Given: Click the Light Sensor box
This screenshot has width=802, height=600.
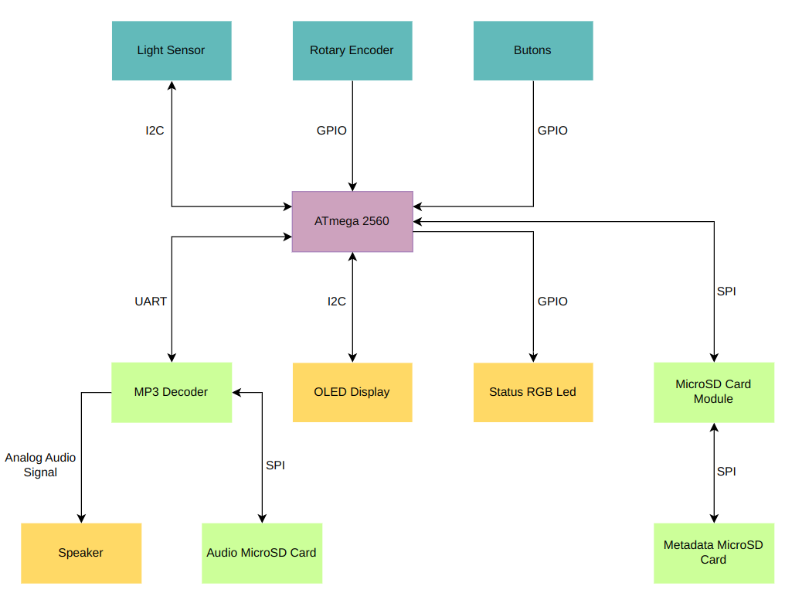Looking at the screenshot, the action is click(x=172, y=51).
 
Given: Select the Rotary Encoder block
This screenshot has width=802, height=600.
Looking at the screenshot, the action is click(x=352, y=51).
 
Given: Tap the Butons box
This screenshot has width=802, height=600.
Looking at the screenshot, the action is click(x=533, y=51).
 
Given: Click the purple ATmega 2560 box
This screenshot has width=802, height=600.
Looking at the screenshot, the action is click(x=352, y=222).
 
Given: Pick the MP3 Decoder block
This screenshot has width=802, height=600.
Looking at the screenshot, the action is click(x=172, y=393).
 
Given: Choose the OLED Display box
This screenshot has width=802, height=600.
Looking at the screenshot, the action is click(x=352, y=393).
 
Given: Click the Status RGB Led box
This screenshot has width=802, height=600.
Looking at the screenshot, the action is click(x=533, y=393).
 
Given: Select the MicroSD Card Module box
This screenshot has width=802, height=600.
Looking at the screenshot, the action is click(x=714, y=393).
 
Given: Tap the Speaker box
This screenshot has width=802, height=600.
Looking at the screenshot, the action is click(x=81, y=554).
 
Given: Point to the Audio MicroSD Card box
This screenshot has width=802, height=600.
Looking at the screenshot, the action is click(x=262, y=554).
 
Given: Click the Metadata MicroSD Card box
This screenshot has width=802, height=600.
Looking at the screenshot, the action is click(x=714, y=554).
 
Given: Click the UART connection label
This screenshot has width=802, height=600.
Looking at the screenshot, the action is click(x=151, y=302).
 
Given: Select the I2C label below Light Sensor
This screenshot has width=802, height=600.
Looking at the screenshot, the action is click(x=155, y=131).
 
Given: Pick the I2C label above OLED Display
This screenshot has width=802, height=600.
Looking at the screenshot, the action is click(x=337, y=302).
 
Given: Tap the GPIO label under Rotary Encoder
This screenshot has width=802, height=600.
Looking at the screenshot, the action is click(x=331, y=131).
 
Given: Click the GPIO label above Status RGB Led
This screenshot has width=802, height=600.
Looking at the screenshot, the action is click(x=552, y=302).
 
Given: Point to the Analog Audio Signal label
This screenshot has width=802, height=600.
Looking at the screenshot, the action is click(x=40, y=465).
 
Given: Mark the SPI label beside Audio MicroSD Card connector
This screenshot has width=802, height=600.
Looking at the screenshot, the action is click(x=275, y=465).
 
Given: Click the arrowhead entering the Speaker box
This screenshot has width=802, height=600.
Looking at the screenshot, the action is click(x=81, y=519).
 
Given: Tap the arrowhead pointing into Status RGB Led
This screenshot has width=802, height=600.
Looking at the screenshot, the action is click(x=533, y=358).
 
